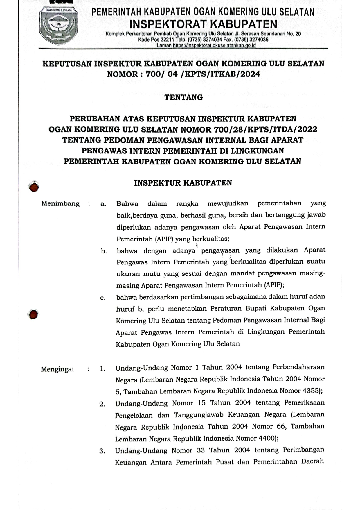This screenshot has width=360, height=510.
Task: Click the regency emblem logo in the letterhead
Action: point(58,26)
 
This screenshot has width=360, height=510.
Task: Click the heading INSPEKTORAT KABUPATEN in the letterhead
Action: point(203,24)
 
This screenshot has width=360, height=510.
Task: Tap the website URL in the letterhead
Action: point(214,45)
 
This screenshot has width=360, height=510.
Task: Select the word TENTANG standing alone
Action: point(183,97)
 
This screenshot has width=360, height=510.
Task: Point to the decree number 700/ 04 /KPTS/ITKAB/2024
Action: point(203,74)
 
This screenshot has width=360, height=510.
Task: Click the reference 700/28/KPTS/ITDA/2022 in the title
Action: point(265,129)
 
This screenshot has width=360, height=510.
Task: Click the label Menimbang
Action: point(60,203)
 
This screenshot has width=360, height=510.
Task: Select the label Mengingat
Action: point(57,369)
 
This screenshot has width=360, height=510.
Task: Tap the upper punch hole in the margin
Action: point(34,187)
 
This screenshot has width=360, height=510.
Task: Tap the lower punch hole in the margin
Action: point(33,314)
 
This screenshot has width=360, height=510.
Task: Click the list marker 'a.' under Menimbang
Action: point(103,204)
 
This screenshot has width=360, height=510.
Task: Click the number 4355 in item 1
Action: point(311,391)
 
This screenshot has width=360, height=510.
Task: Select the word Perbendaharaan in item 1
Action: point(298,367)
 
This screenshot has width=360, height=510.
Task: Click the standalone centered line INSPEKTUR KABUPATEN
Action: point(183,183)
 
